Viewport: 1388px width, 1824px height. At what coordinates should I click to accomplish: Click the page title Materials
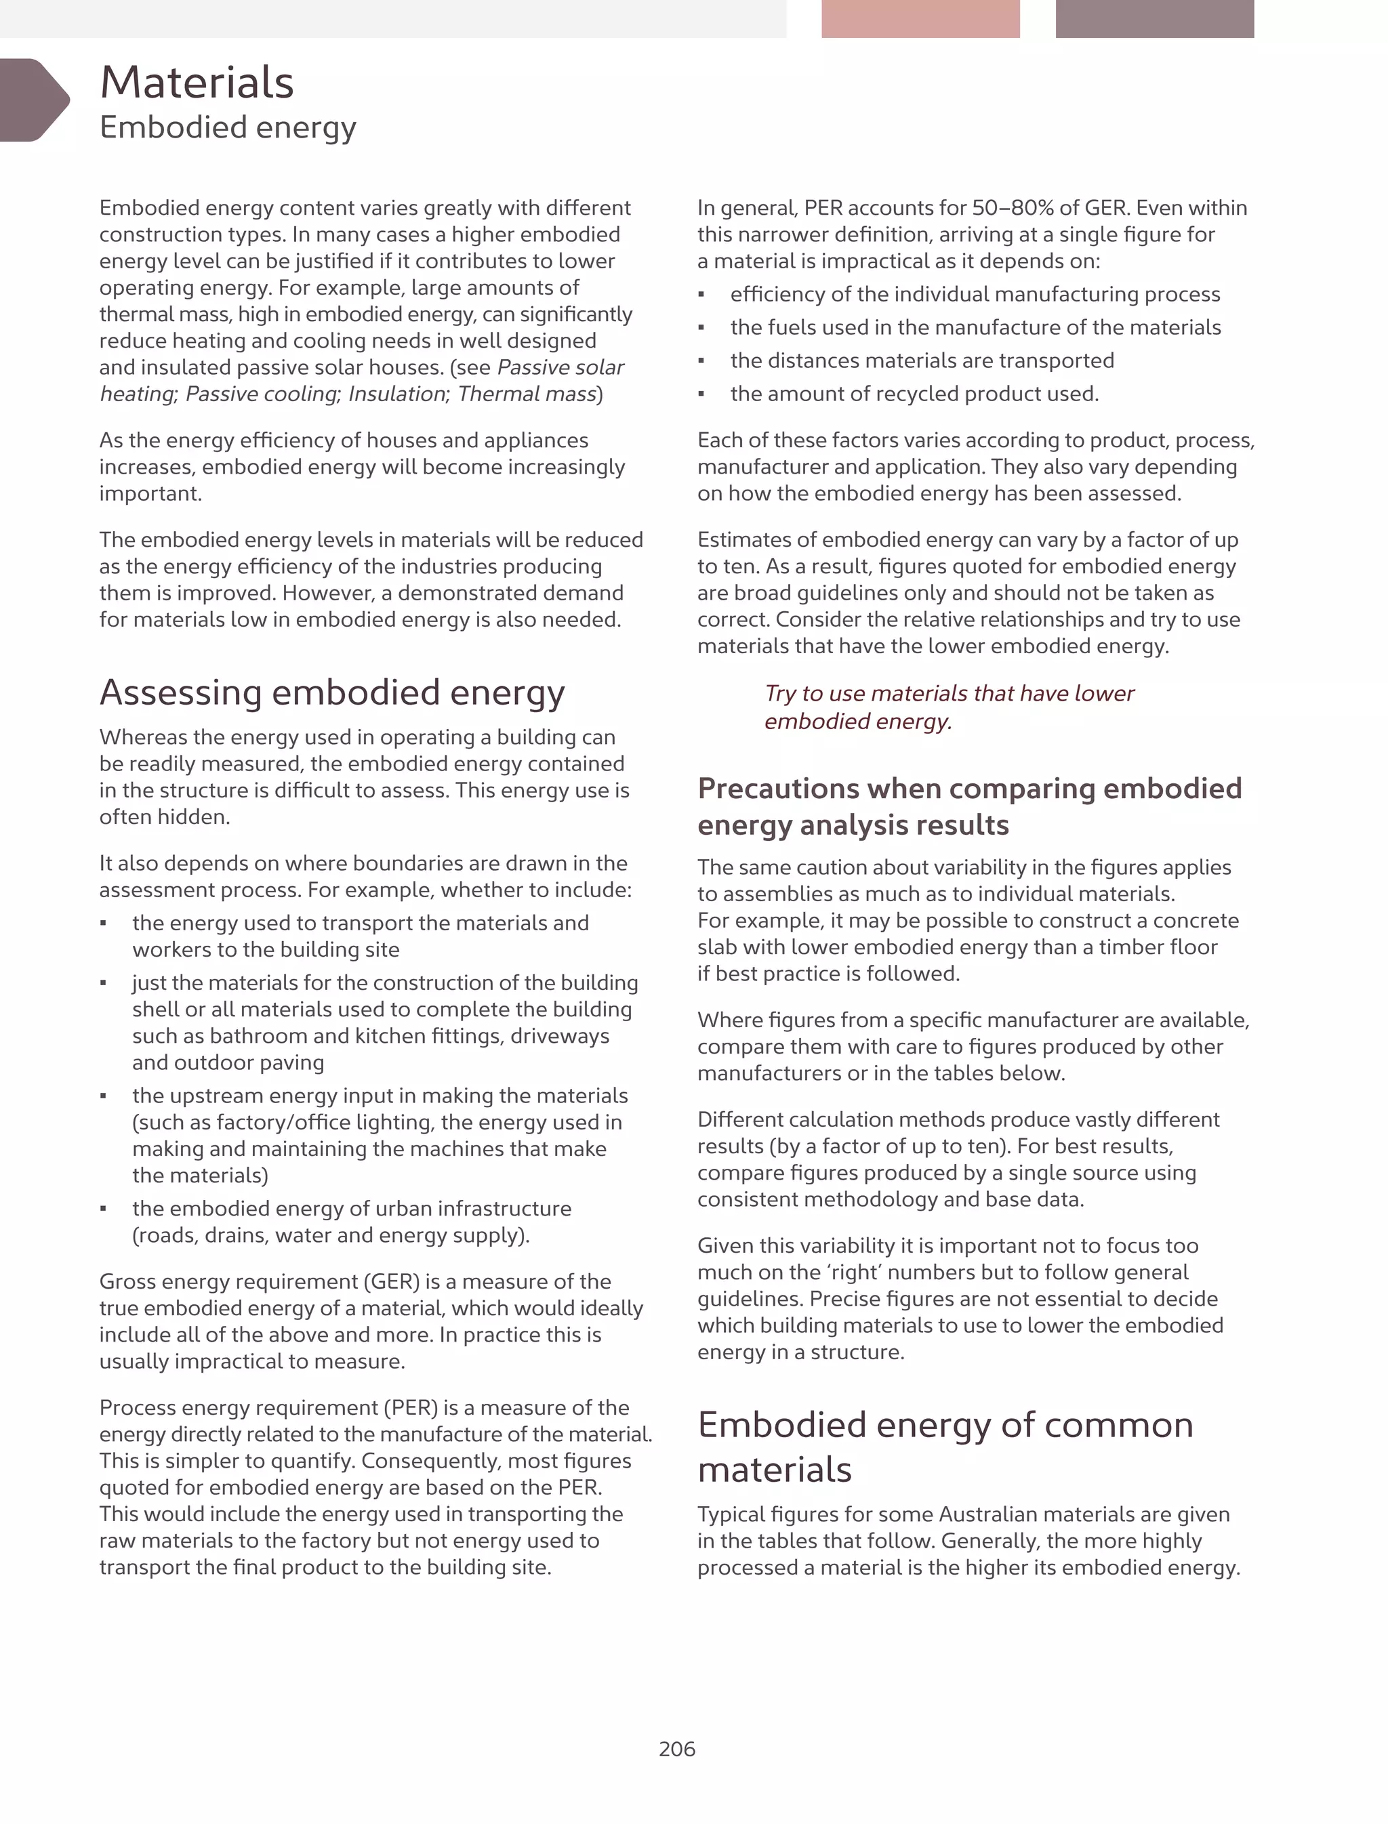point(197,83)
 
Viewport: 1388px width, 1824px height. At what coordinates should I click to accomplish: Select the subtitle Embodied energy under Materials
point(228,127)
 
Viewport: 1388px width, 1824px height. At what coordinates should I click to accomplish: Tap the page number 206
point(676,1749)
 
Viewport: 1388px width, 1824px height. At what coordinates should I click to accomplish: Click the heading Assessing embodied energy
point(332,692)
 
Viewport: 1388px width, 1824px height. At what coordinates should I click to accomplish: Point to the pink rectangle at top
point(920,18)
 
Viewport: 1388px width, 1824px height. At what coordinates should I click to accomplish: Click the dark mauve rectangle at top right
point(1154,18)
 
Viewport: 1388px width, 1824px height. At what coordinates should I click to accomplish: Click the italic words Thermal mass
point(527,394)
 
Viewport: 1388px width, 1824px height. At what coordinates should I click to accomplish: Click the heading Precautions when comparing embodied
point(969,789)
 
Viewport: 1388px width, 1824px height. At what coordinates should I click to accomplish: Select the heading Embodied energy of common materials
point(945,1447)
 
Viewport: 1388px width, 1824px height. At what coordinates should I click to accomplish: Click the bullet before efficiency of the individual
point(701,295)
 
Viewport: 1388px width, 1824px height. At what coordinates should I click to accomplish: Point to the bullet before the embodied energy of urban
point(103,1209)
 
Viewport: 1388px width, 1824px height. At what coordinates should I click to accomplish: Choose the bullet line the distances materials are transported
point(922,361)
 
